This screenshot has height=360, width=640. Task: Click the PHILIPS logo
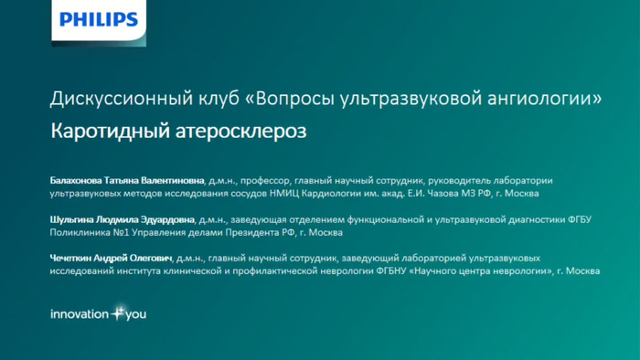[x=99, y=19]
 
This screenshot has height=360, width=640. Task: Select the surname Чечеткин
[x=75, y=259]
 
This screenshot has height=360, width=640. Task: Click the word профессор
[x=265, y=180]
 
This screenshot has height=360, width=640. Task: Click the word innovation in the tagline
[x=80, y=314]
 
